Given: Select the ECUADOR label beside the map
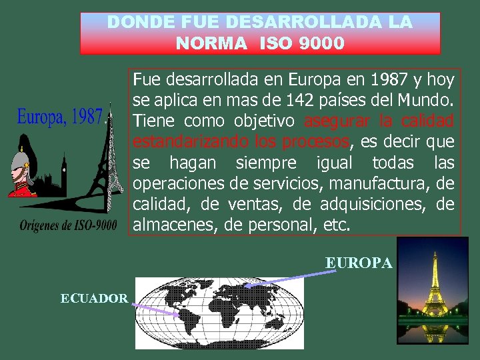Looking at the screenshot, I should (94, 298).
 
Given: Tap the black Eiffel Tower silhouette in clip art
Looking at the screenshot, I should (100, 167).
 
